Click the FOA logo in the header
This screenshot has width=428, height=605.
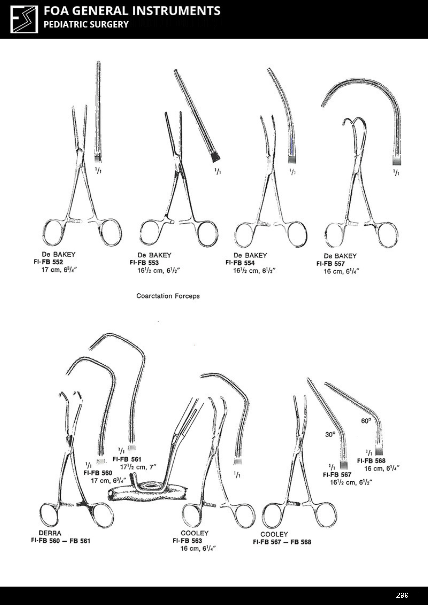[24, 19]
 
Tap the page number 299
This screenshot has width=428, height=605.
[402, 595]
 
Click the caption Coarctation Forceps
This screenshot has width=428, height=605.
[168, 296]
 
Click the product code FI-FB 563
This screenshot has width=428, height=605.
[187, 541]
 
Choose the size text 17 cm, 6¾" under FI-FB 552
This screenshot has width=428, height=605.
[59, 270]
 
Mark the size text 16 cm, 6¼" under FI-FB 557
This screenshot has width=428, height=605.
[341, 271]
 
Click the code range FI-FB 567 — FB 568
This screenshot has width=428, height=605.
[282, 542]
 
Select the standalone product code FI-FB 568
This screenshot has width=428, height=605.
[371, 461]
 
